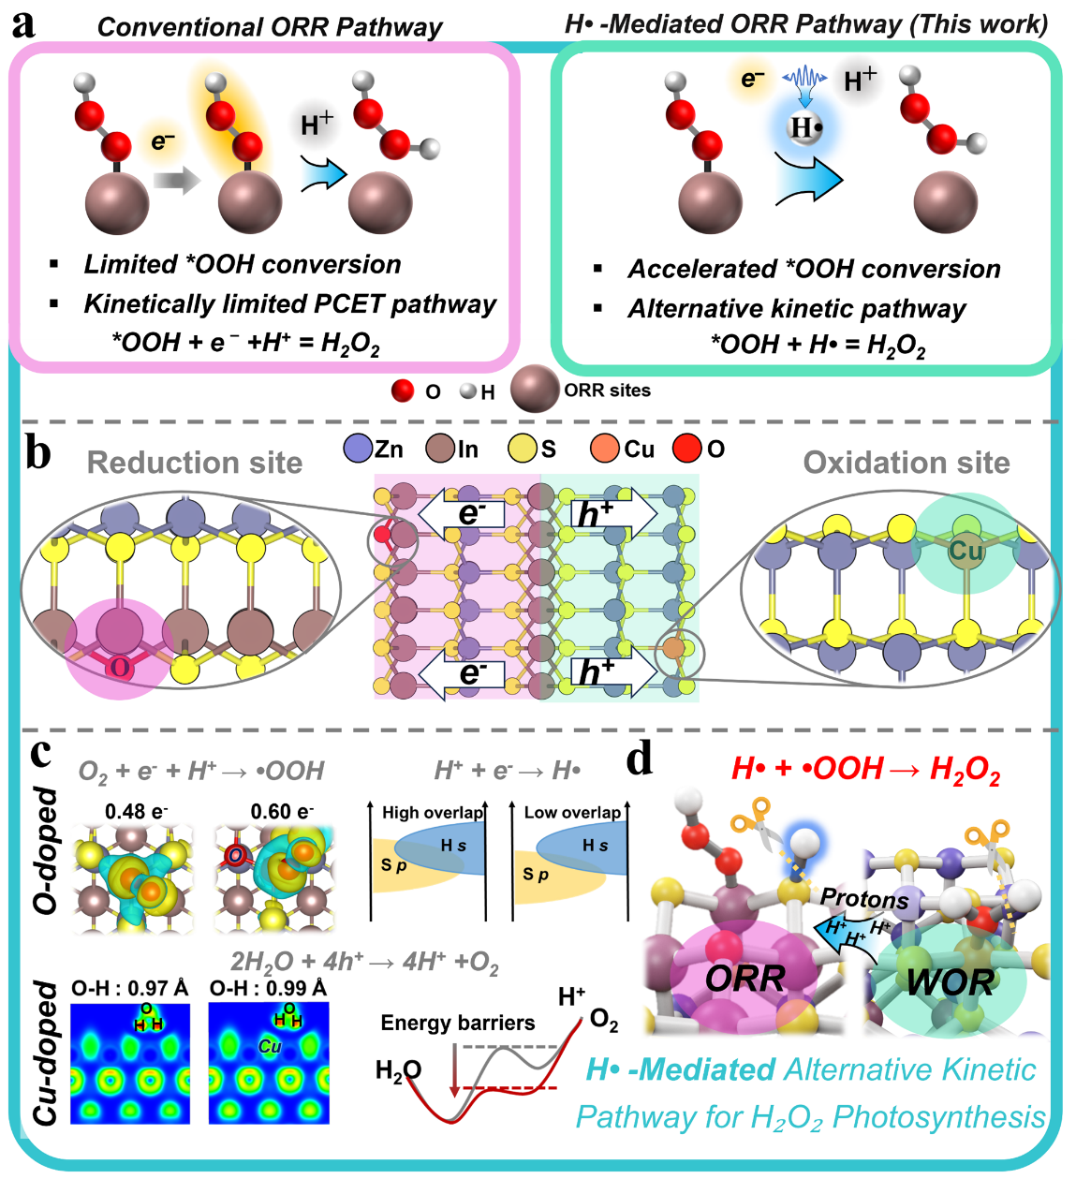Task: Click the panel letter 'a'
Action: (22, 26)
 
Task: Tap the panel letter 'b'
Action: (38, 454)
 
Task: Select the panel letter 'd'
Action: (640, 759)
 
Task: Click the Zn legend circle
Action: (358, 449)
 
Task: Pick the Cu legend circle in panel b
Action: (605, 449)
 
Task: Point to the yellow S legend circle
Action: (523, 449)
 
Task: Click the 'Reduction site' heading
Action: (195, 463)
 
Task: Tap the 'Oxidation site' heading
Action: (906, 463)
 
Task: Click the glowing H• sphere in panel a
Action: (805, 127)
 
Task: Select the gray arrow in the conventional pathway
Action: (177, 180)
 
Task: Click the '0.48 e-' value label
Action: (137, 811)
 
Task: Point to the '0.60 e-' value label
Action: (282, 811)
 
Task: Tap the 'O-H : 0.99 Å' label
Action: (268, 988)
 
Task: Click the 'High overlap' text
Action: (433, 813)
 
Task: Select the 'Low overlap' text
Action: (573, 813)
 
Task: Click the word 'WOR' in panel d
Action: (951, 981)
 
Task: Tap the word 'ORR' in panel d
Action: (745, 980)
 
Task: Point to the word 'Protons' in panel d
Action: (864, 898)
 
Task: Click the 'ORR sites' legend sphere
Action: (535, 389)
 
